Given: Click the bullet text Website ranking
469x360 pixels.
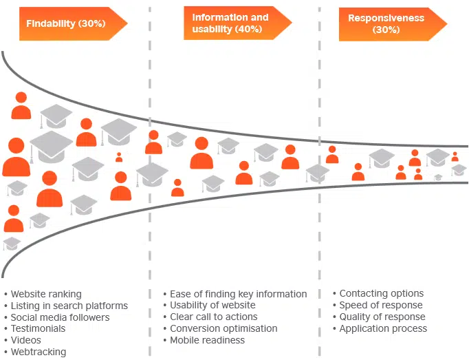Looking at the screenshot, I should tap(46, 294).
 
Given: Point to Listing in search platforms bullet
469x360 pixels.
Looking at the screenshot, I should tap(69, 306).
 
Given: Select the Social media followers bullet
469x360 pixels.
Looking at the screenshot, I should tap(60, 317).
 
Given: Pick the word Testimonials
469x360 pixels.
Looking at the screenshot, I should tap(38, 329).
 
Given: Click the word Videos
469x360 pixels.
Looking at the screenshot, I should tap(26, 340).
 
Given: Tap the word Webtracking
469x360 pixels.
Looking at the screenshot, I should tap(39, 352).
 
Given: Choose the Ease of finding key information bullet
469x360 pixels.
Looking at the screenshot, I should tap(238, 294).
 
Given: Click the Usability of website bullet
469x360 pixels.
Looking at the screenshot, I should tap(212, 305).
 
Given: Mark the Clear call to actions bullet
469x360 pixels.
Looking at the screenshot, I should tap(213, 317).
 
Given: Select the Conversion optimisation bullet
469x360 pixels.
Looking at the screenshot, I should tap(223, 328).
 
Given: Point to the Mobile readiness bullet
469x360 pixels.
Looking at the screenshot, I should tap(207, 340).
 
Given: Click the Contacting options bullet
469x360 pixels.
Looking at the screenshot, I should tap(381, 293).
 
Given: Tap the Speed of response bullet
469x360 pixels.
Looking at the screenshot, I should tap(380, 305).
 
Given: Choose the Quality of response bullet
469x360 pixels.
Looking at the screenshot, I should tap(382, 317).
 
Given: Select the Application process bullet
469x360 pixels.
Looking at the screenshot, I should tap(383, 328).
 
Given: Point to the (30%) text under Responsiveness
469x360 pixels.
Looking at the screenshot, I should tap(386, 30).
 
